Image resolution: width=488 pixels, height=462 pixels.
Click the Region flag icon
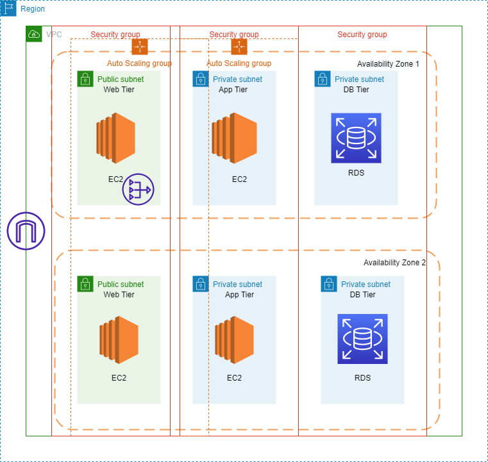coord(8,8)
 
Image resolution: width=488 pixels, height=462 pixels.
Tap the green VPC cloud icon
coord(34,34)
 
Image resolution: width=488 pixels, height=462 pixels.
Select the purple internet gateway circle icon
coord(26,231)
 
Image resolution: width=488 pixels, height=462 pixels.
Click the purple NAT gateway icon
coord(138,190)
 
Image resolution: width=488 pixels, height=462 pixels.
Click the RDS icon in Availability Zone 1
coord(356,138)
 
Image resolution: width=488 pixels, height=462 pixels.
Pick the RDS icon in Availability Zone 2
coord(362,339)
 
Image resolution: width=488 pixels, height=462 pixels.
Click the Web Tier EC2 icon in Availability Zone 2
coord(119,340)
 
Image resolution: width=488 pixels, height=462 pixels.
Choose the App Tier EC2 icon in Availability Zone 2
coord(234,340)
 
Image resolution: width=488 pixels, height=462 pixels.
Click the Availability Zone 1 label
coord(387,64)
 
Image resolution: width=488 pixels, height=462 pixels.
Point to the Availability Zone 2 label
coord(394,263)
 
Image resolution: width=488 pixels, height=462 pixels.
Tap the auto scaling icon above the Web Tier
coord(140,46)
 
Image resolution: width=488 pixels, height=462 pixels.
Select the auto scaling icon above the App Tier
coord(239,46)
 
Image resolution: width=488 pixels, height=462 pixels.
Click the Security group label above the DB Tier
coord(362,35)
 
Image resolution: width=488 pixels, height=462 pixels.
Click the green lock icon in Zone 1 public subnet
coord(85,79)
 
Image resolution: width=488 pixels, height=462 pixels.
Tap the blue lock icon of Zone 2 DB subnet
coord(329,284)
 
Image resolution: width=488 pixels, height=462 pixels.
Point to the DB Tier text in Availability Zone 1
coord(356,90)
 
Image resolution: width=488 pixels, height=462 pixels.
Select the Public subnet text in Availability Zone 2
coord(121,285)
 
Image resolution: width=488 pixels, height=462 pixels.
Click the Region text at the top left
coord(33,9)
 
